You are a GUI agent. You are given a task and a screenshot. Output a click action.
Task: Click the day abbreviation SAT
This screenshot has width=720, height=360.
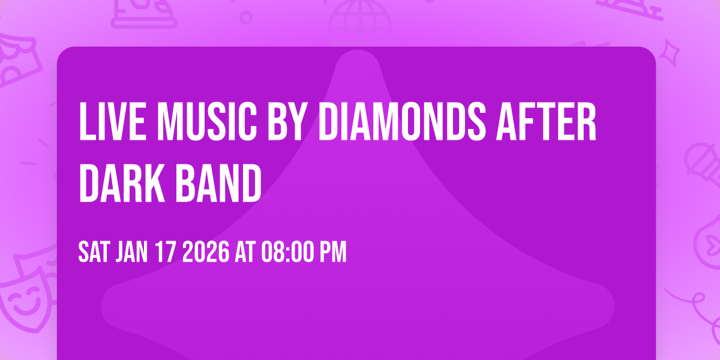pyautogui.click(x=93, y=253)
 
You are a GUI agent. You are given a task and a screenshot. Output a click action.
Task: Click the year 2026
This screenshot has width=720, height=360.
pyautogui.click(x=205, y=253)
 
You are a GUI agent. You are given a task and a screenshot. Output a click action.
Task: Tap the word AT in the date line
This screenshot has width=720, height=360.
pyautogui.click(x=245, y=253)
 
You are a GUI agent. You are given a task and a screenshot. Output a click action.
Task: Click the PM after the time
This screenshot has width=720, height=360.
pyautogui.click(x=333, y=253)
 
